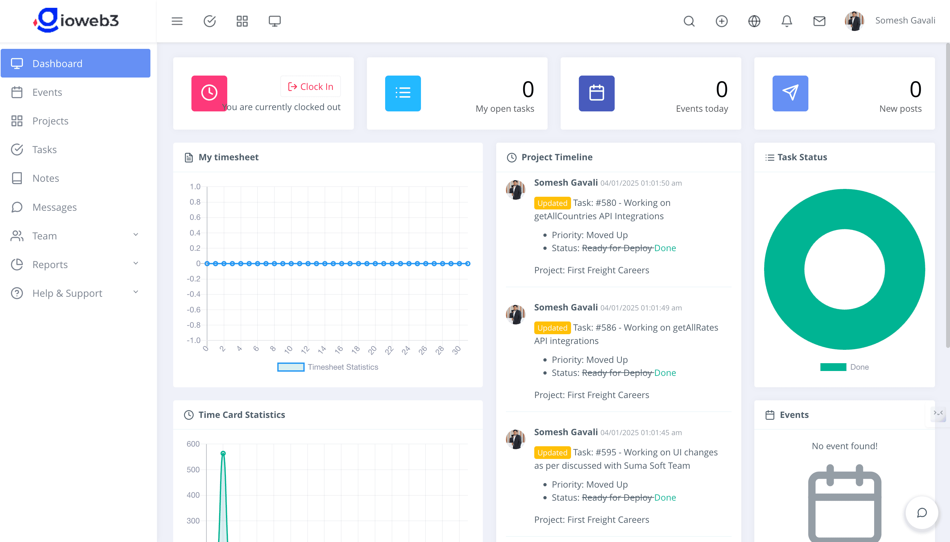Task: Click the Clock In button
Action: tap(310, 87)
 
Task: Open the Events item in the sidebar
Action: tap(47, 92)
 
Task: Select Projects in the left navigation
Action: tap(50, 121)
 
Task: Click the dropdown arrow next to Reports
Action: tap(136, 264)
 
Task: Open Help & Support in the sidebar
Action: tap(67, 293)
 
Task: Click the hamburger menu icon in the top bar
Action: tap(177, 21)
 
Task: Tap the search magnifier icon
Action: tap(689, 21)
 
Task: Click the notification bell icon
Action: tap(787, 21)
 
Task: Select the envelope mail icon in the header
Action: tap(819, 21)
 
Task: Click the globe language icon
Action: tap(754, 21)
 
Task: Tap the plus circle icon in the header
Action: tap(721, 21)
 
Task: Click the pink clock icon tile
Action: tap(209, 93)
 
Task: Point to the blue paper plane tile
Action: tap(790, 93)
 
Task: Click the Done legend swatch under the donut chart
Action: tap(833, 367)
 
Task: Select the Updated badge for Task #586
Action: tap(552, 328)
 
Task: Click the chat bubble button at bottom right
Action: tap(922, 513)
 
